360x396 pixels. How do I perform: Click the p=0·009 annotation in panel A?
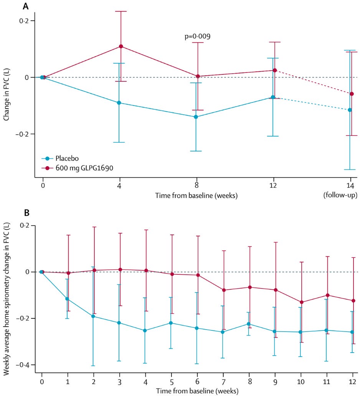pyautogui.click(x=197, y=37)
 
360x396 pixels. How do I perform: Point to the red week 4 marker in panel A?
pyautogui.click(x=121, y=46)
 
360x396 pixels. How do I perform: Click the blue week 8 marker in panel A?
pyautogui.click(x=196, y=117)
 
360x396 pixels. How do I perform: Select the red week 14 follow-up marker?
pyautogui.click(x=352, y=94)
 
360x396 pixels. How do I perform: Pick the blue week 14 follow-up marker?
pyautogui.click(x=350, y=110)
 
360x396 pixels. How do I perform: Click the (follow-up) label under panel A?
pyautogui.click(x=340, y=195)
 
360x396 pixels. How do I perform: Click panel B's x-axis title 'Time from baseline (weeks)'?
pyautogui.click(x=197, y=391)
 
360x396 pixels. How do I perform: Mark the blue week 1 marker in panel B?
pyautogui.click(x=67, y=299)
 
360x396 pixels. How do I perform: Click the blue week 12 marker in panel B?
pyautogui.click(x=352, y=332)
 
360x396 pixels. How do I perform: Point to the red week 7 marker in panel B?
pyautogui.click(x=224, y=290)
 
